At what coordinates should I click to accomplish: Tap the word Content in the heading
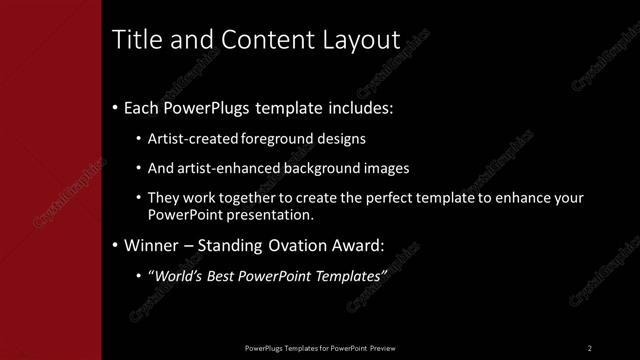tap(255, 40)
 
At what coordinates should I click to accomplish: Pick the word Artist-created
tap(193, 140)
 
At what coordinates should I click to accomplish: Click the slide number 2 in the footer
tap(590, 348)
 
